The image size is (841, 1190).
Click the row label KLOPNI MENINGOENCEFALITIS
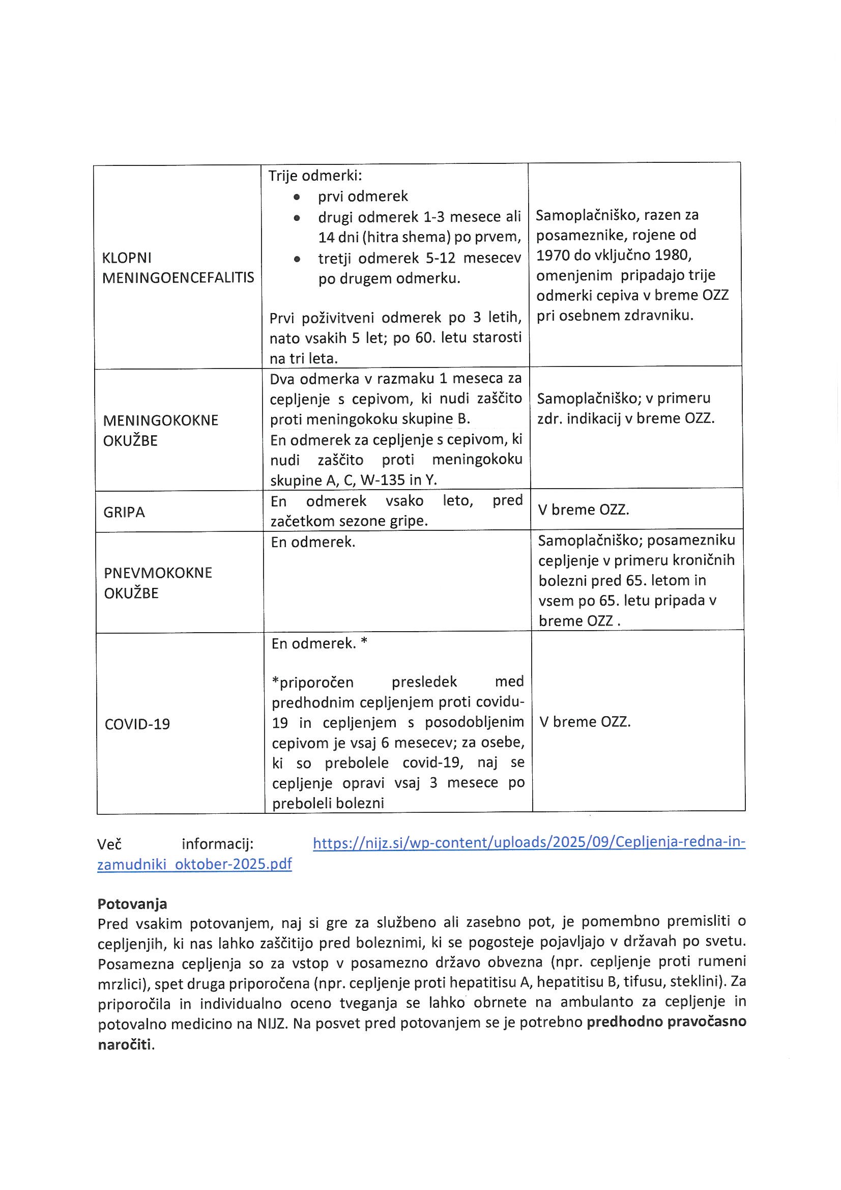[178, 267]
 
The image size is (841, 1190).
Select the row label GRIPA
[124, 512]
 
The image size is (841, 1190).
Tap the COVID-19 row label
[137, 724]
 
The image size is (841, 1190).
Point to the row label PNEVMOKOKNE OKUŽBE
[158, 583]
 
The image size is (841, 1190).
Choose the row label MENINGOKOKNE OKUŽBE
[161, 430]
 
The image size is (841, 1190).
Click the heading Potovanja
[132, 904]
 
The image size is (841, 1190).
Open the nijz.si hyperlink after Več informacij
[529, 842]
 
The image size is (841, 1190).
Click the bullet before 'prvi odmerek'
[297, 197]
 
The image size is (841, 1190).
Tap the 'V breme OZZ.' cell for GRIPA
[584, 509]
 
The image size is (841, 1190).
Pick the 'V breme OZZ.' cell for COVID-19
[585, 721]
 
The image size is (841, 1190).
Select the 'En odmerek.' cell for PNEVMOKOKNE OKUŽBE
[313, 543]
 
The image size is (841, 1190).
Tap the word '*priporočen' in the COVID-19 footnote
[312, 682]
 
